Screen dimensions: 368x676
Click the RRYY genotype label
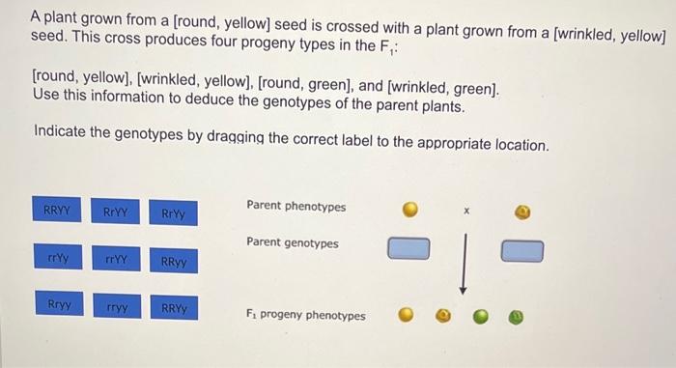57,211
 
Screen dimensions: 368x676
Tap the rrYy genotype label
58,260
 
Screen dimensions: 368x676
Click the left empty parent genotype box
408,250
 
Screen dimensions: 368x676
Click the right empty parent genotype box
522,251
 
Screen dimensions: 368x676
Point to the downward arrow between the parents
465,261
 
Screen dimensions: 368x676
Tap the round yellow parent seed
409,210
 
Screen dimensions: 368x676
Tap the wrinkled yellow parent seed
522,210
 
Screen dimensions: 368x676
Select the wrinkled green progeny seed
518,316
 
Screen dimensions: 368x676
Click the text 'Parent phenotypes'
296,206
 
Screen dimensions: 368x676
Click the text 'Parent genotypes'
293,242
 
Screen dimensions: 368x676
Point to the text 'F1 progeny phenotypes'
306,315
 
